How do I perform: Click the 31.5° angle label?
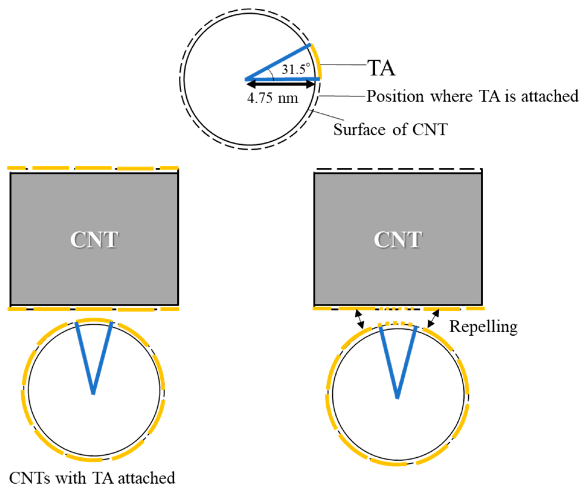296,69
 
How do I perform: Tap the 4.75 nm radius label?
272,98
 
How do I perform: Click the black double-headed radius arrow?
281,84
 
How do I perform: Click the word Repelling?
483,327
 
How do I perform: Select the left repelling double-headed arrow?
359,319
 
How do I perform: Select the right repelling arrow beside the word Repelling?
433,319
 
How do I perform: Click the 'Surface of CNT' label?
390,130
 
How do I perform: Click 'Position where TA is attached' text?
472,97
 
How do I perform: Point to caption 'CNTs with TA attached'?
92,478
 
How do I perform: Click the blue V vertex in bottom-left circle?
93,393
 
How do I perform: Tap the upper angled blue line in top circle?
278,62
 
